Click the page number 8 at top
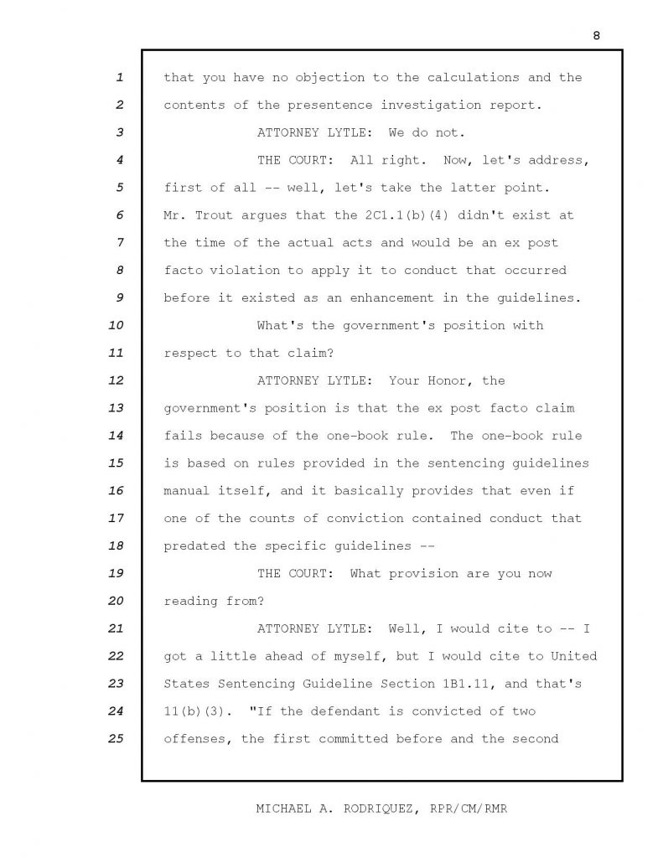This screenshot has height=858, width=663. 596,35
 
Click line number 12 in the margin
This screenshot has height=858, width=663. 117,380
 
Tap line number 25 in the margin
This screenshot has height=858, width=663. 117,738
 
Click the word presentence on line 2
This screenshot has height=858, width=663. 309,105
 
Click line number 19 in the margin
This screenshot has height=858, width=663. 117,573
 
